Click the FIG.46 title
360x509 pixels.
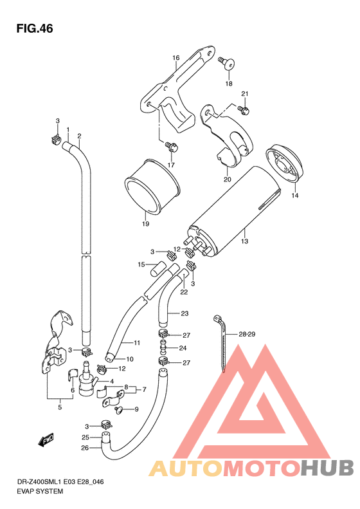(35, 29)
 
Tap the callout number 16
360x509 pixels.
(175, 59)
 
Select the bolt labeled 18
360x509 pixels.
(226, 62)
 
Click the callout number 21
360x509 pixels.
(244, 95)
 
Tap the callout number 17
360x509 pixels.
(172, 165)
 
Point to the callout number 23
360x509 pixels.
(185, 314)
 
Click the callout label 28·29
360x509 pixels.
(248, 335)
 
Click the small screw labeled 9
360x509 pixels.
(117, 409)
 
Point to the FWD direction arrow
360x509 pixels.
(46, 441)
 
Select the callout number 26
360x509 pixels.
(85, 449)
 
